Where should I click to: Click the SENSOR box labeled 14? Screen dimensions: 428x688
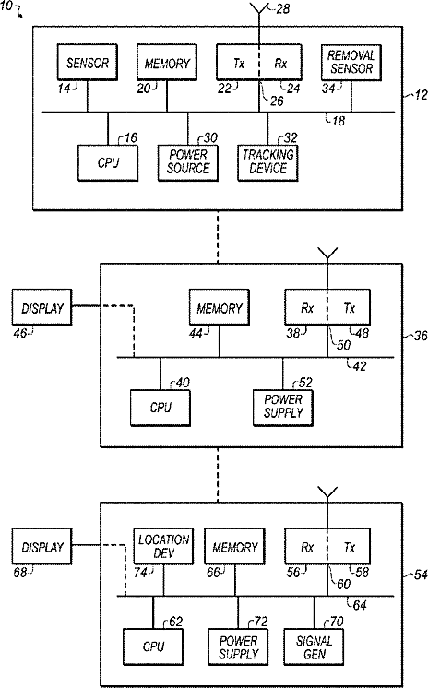[x=88, y=62]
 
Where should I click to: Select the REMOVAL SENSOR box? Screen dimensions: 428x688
[x=351, y=62]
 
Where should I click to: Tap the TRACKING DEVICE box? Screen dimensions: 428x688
[x=267, y=162]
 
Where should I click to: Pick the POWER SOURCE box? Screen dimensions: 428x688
[x=188, y=162]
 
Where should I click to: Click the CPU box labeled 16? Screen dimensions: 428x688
[x=108, y=162]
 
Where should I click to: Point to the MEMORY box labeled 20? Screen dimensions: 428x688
[x=167, y=62]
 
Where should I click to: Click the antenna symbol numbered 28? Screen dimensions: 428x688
[x=259, y=9]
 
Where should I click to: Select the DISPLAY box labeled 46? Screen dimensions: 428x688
[x=42, y=307]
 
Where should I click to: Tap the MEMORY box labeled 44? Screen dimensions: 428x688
[x=220, y=307]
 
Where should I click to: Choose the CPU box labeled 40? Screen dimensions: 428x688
[x=160, y=408]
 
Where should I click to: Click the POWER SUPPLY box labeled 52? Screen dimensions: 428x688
[x=283, y=408]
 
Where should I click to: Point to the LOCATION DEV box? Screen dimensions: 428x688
[x=164, y=546]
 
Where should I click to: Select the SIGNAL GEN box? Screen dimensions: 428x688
[x=315, y=646]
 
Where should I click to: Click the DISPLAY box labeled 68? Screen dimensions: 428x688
[x=42, y=546]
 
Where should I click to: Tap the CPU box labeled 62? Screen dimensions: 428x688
[x=153, y=646]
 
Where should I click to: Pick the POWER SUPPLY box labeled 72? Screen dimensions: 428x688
[x=238, y=646]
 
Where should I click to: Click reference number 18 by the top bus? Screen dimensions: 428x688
[x=339, y=121]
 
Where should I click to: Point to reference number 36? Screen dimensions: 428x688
[x=421, y=336]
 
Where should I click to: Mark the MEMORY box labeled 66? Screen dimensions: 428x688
[x=235, y=546]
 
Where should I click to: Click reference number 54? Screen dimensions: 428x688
[x=421, y=575]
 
